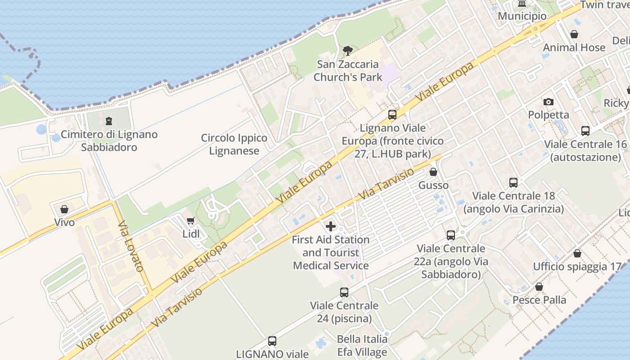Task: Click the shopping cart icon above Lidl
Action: (x=190, y=221)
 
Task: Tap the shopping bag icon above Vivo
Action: (x=64, y=209)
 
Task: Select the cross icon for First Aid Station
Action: (x=331, y=226)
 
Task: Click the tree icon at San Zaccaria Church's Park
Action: (x=347, y=51)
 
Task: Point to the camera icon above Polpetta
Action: (x=548, y=102)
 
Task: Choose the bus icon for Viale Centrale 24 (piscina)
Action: (x=344, y=292)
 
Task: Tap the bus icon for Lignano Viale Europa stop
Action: (x=392, y=115)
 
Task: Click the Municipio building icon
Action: (x=522, y=4)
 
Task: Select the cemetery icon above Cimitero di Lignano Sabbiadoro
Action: (x=108, y=121)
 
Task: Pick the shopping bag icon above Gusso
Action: (x=433, y=172)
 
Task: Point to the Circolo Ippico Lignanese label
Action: (x=234, y=144)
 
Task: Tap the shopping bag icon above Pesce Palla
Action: (x=539, y=287)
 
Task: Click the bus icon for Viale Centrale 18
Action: (x=513, y=183)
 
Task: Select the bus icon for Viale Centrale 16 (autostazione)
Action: (x=585, y=131)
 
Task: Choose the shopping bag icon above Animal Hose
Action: (x=574, y=34)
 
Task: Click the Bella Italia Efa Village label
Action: (x=362, y=345)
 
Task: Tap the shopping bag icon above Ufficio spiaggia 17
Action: (x=577, y=253)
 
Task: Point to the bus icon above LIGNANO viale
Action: (x=272, y=341)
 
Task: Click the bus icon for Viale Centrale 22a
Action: (x=451, y=235)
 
